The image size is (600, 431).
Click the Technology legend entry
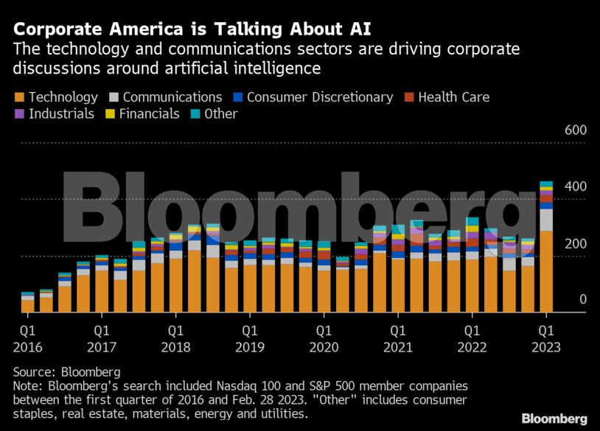56,97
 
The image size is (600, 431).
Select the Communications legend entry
165,97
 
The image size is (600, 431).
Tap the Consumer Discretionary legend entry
313,97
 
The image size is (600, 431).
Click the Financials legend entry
144,114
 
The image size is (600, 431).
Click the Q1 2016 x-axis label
27,338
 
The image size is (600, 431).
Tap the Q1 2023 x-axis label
545,338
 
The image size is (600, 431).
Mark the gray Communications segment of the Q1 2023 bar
546,220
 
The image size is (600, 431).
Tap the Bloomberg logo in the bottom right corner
554,418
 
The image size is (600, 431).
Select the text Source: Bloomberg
67,372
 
